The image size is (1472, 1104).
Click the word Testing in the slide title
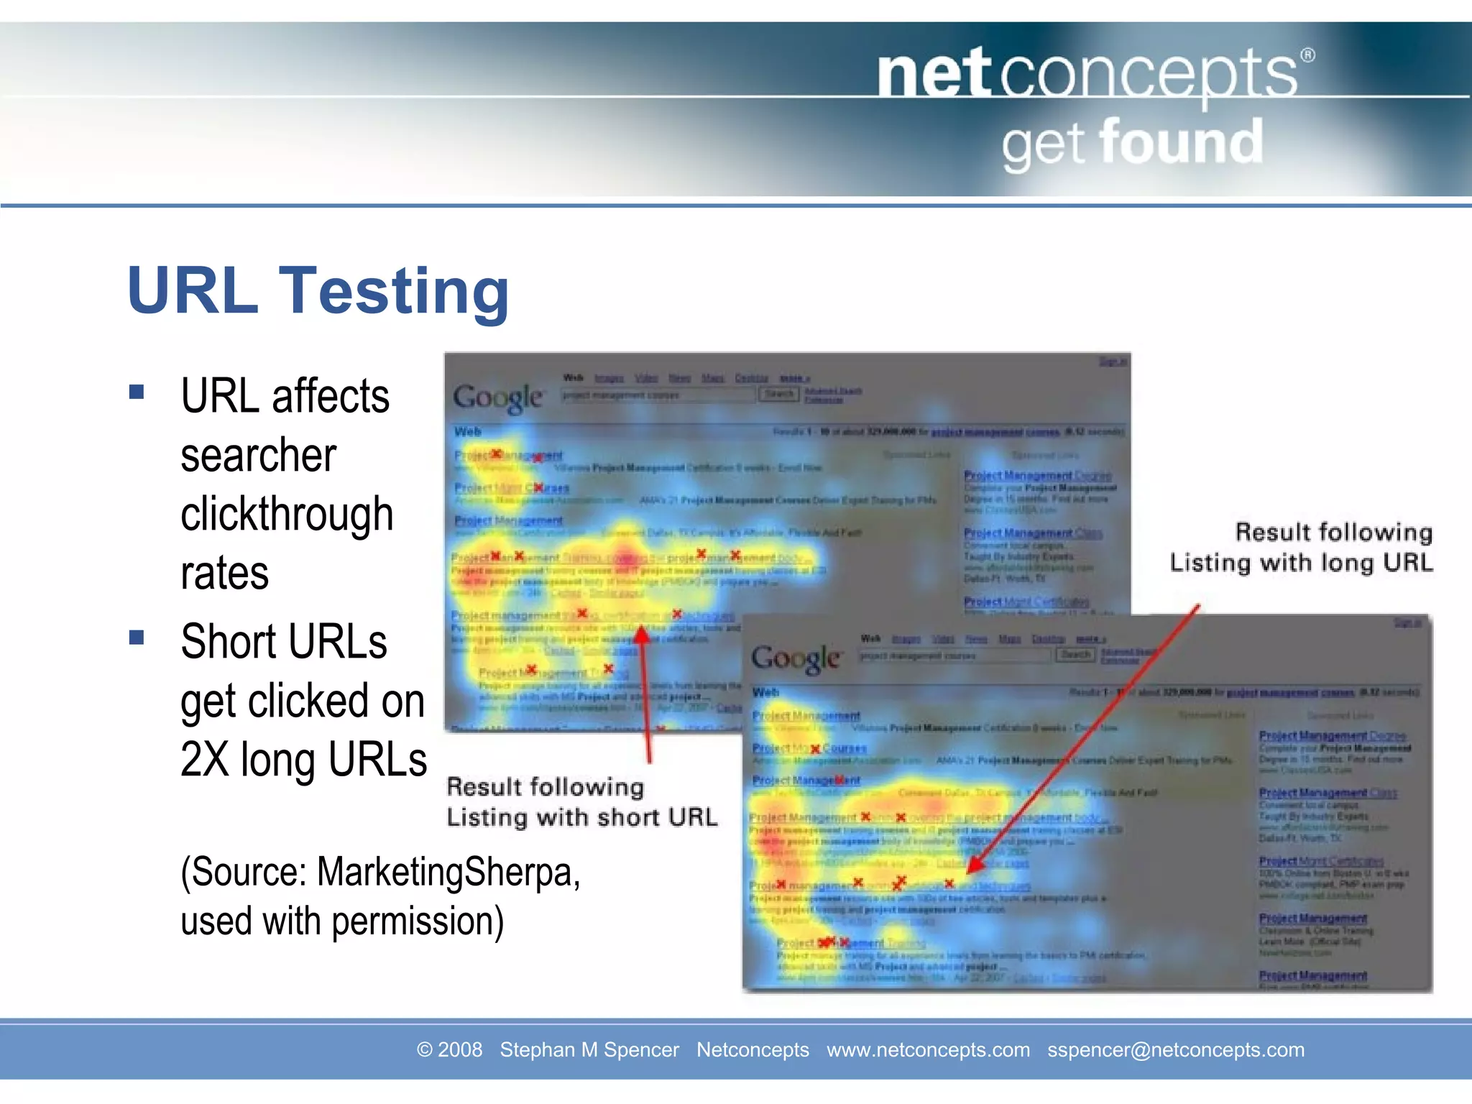pos(394,291)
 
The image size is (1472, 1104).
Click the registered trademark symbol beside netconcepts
pos(1308,55)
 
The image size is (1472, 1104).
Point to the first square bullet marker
pos(137,392)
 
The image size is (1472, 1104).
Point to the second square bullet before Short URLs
pos(137,638)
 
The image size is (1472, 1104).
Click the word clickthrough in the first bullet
pos(287,514)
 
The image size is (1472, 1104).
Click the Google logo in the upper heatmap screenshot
pos(498,397)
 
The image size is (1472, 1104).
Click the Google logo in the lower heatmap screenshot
pos(796,658)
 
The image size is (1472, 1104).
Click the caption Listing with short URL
pos(581,817)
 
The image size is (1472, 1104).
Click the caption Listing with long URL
pos(1301,562)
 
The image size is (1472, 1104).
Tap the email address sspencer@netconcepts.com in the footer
pos(1175,1050)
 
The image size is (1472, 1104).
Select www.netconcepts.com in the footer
pos(928,1050)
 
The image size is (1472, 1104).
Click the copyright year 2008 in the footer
pos(460,1050)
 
